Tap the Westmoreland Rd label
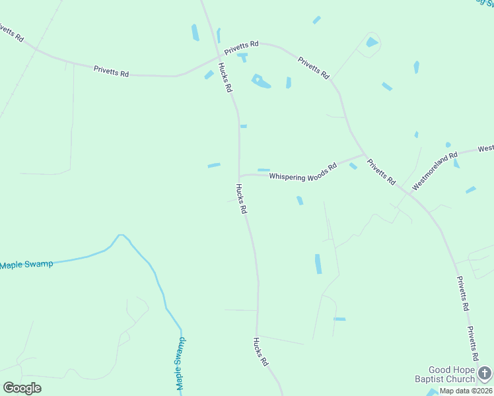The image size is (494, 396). point(435,172)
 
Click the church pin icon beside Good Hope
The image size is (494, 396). point(485,374)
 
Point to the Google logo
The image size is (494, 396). point(22,388)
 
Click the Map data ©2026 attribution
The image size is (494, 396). point(466,391)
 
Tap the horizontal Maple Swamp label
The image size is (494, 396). point(26,265)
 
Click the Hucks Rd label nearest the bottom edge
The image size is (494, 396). point(261,352)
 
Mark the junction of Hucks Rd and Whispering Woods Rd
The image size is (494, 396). point(239,176)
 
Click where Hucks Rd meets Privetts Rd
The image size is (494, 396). point(219,57)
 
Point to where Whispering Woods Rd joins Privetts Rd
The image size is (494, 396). point(364,155)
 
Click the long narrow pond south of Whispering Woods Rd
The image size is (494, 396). point(318,263)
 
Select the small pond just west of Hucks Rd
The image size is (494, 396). point(214,165)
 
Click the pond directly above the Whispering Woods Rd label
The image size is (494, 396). point(264,170)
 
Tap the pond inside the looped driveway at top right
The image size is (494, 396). point(372,42)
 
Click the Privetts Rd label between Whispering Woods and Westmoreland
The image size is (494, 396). point(381,172)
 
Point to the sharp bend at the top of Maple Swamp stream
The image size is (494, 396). point(120,235)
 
